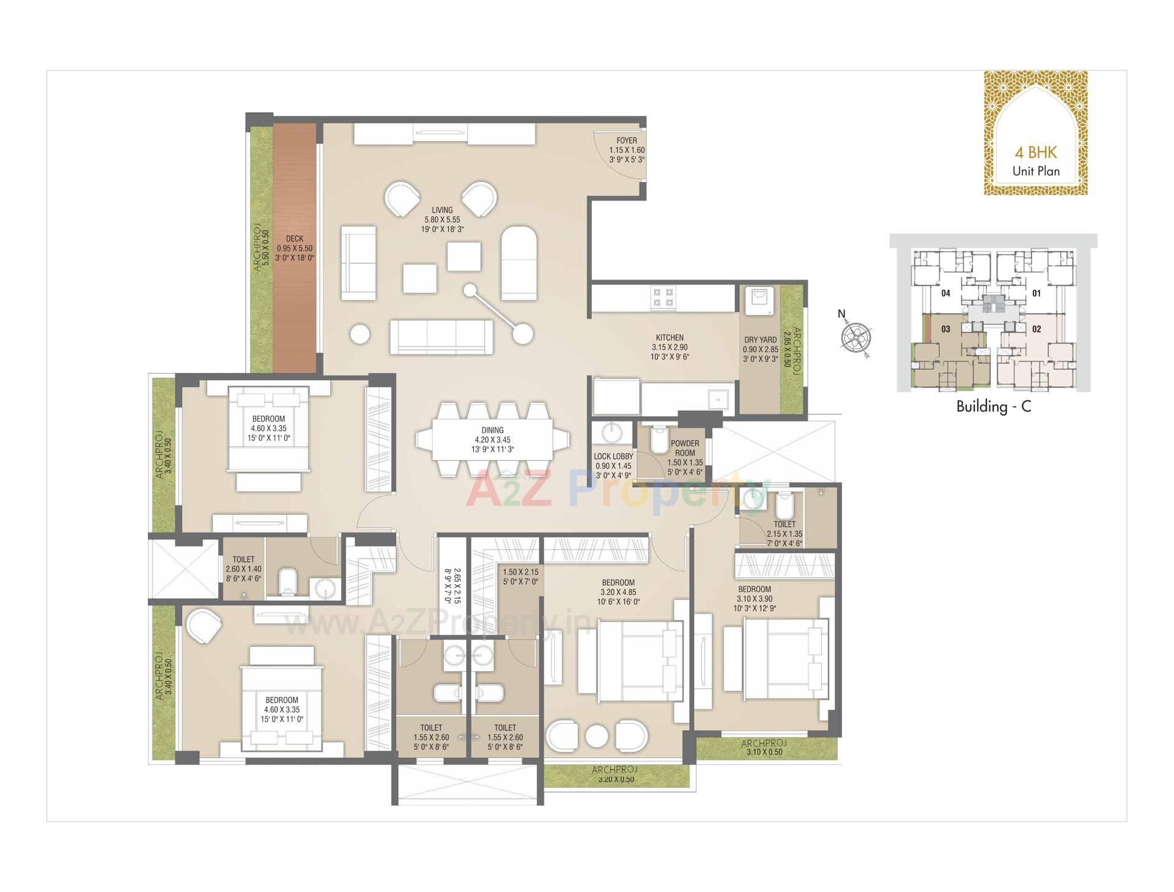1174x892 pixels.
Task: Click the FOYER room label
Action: [x=627, y=141]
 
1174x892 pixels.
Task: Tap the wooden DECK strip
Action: [x=294, y=248]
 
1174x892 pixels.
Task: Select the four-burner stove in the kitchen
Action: [x=663, y=297]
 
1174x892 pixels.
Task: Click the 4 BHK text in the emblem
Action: [x=1035, y=153]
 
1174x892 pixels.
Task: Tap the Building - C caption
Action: [x=993, y=407]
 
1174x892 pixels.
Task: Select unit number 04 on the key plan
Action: [x=946, y=293]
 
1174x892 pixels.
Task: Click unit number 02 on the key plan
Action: [x=1036, y=329]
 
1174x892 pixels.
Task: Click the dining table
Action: [x=493, y=440]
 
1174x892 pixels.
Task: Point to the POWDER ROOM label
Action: [x=685, y=448]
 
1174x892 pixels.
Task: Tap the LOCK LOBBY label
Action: [x=613, y=457]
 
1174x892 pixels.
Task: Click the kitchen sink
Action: [x=718, y=399]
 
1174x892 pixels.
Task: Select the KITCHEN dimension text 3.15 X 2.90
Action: [x=670, y=347]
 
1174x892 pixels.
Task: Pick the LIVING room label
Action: [x=442, y=210]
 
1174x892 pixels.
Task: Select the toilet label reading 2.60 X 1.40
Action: [x=243, y=569]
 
